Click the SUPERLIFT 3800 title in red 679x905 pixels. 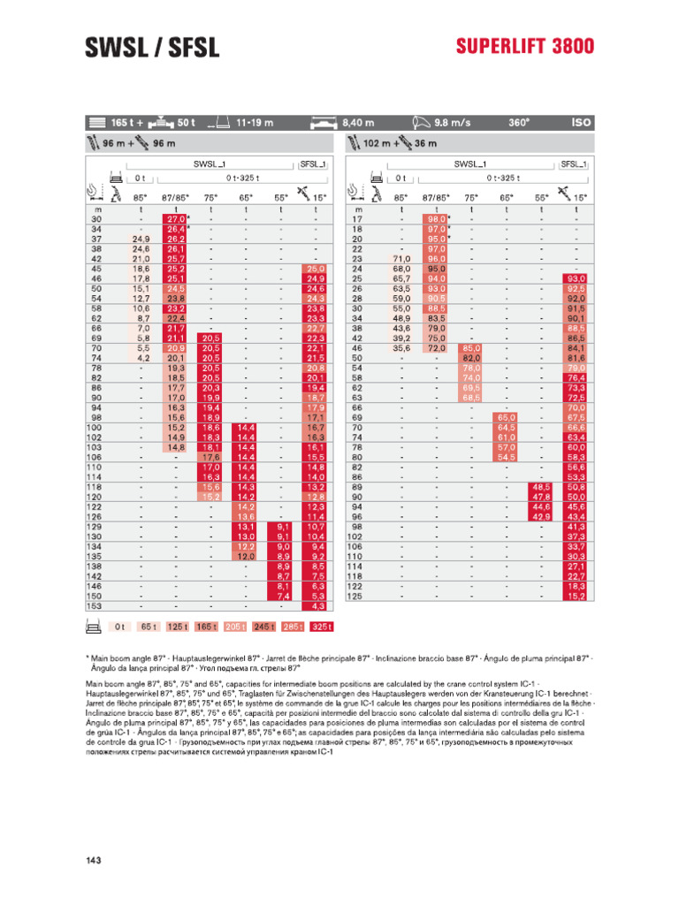(525, 47)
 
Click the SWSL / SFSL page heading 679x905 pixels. (151, 48)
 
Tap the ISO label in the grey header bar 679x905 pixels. (581, 123)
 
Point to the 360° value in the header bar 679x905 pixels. (518, 123)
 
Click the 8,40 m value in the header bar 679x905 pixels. (358, 123)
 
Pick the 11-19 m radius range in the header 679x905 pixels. (256, 123)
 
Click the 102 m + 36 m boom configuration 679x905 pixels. (400, 143)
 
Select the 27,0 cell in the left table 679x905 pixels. (174, 218)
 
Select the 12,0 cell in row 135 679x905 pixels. (245, 557)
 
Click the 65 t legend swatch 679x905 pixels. (148, 626)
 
